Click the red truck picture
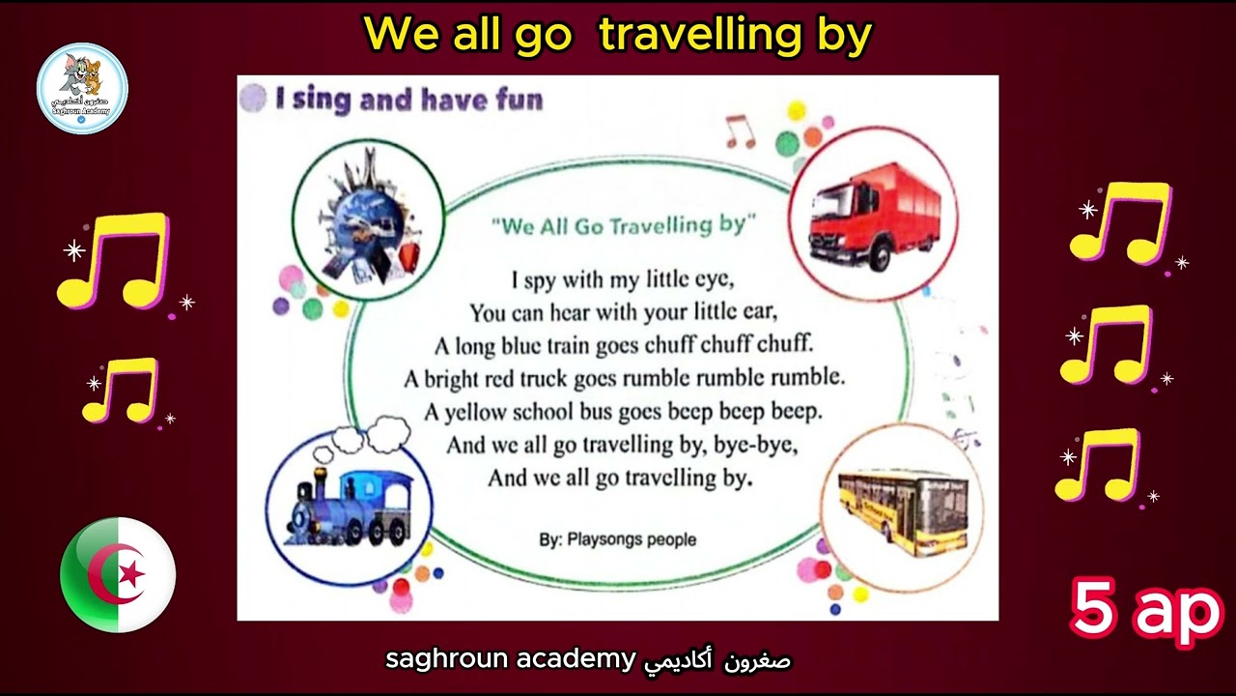coord(875,216)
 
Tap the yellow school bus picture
coord(903,512)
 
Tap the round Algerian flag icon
coord(118,574)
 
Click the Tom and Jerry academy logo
coord(82,88)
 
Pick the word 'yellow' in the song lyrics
coord(475,413)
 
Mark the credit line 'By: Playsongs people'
coord(617,539)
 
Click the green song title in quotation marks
coord(624,226)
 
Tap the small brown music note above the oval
coord(740,131)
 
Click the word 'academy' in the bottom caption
coord(576,659)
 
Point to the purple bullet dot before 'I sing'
coord(253,99)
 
